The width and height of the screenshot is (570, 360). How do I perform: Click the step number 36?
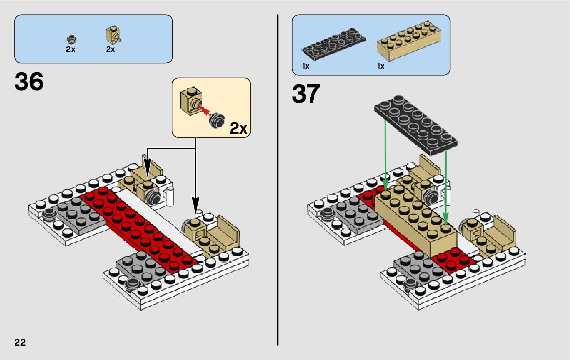(x=29, y=82)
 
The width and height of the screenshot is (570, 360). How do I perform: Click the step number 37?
(x=306, y=94)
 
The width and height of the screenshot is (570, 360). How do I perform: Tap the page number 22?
(x=20, y=342)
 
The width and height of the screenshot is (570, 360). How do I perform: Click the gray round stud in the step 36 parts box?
(x=71, y=39)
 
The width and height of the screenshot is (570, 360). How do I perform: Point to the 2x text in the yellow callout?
(x=238, y=128)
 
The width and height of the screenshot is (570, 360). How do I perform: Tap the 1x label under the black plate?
(x=306, y=67)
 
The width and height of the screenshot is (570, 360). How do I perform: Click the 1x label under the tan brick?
(x=380, y=67)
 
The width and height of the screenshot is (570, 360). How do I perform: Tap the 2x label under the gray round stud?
(x=71, y=50)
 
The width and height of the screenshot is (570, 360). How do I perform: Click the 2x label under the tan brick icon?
(x=110, y=50)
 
